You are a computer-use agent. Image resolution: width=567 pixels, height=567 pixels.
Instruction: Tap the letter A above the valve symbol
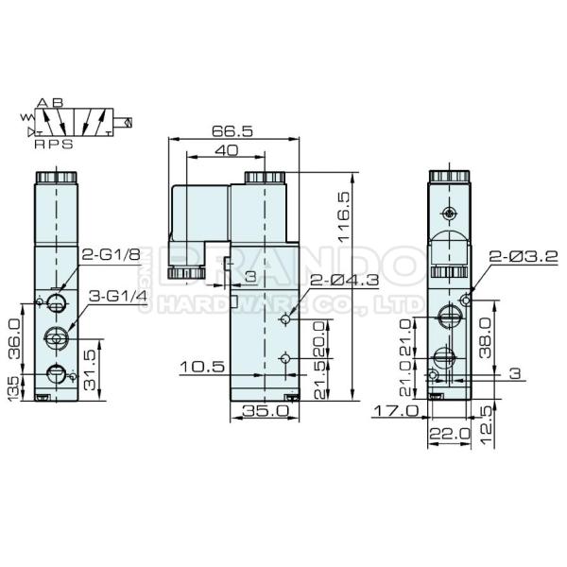[x=43, y=102]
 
